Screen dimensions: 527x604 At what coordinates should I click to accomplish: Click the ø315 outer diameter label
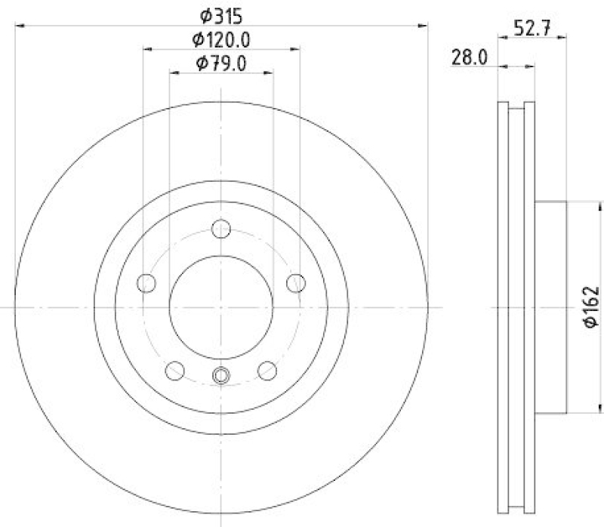click(x=221, y=14)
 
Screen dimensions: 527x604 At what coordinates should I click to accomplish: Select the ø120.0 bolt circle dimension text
click(x=221, y=39)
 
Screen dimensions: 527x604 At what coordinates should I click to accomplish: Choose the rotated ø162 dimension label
click(x=591, y=307)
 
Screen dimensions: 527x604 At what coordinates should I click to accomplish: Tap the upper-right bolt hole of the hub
click(x=296, y=282)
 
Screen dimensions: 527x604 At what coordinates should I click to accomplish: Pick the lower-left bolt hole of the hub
click(x=175, y=370)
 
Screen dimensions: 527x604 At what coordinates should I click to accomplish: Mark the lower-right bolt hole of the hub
click(x=267, y=370)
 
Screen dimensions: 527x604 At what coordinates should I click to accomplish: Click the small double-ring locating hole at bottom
click(x=221, y=374)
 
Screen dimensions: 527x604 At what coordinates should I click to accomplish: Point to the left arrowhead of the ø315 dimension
click(x=19, y=26)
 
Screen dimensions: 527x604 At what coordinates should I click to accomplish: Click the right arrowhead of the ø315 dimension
click(x=424, y=26)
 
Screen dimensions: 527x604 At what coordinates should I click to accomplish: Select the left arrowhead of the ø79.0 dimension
click(x=173, y=73)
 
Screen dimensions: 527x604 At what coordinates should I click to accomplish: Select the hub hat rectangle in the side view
click(x=550, y=307)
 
